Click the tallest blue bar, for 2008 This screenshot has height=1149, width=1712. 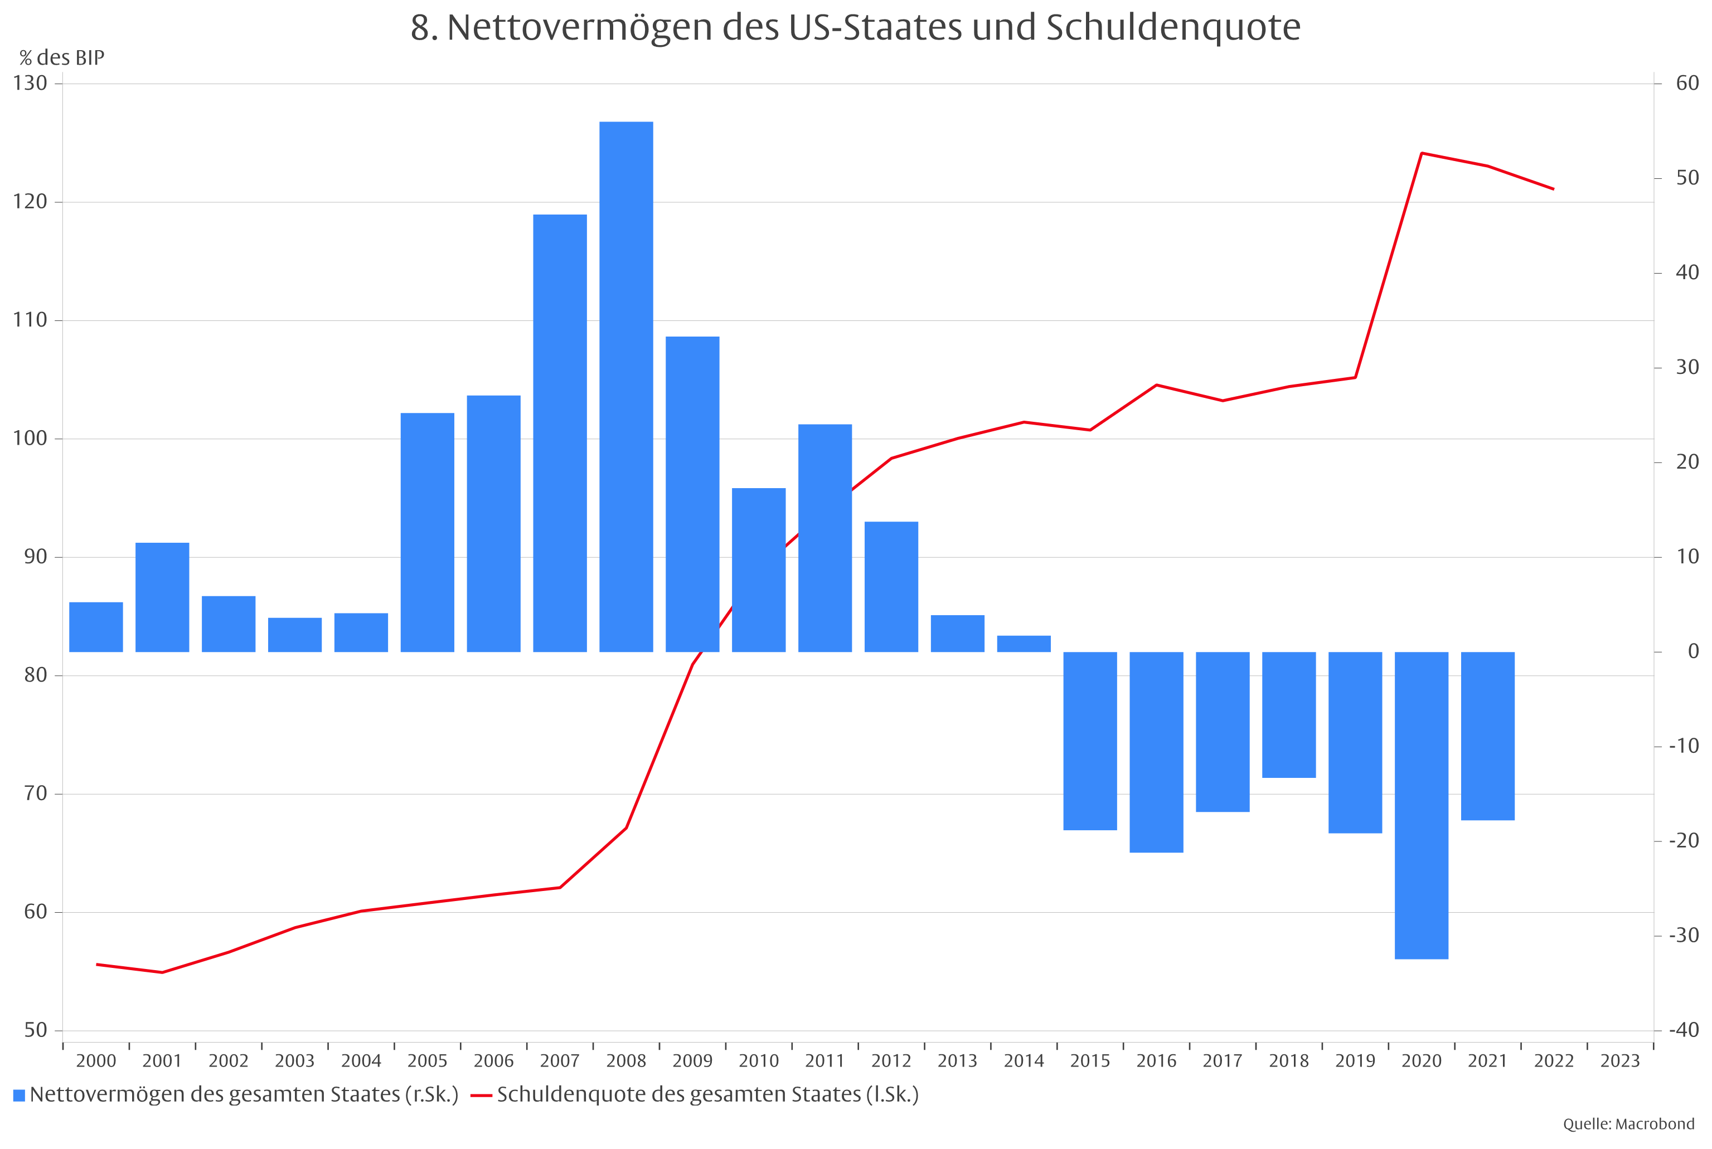tap(626, 386)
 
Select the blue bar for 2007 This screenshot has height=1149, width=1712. tap(560, 432)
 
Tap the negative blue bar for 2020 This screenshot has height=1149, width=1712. tap(1421, 805)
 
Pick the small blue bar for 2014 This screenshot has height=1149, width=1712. tap(1024, 644)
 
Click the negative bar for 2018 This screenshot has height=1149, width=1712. tap(1288, 714)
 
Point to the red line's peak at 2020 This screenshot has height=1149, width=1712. tap(1421, 153)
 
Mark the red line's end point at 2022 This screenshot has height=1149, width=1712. tap(1553, 189)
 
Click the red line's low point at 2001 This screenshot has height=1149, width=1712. tap(162, 972)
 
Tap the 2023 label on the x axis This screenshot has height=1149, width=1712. tap(1619, 1060)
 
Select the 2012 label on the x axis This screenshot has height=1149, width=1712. tap(891, 1060)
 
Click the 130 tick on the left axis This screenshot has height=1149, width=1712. tap(30, 83)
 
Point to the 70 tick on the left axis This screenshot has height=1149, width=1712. tap(35, 793)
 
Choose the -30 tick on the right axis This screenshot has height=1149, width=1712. tap(1684, 935)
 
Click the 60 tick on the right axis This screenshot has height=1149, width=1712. tap(1687, 83)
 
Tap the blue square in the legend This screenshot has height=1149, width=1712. tap(19, 1096)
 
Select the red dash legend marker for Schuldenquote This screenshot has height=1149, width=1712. tap(481, 1096)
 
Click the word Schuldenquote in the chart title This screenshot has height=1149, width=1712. tap(1172, 28)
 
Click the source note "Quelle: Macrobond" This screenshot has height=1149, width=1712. tap(1628, 1124)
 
